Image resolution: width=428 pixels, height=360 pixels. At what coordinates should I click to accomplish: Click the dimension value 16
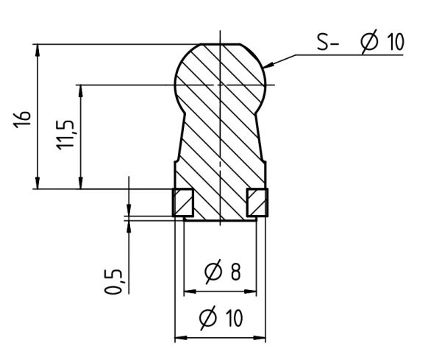(24, 117)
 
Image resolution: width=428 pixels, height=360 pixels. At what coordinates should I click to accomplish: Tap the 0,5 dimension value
(113, 281)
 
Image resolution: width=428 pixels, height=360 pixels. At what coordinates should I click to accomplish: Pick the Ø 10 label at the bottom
(220, 320)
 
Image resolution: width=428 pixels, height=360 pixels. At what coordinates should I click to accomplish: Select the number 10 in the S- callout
(394, 43)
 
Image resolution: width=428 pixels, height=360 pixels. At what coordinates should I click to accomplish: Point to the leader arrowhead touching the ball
(269, 66)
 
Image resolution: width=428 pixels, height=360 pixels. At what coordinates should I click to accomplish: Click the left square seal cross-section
(182, 202)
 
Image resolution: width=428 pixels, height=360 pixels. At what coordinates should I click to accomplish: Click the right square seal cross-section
(257, 202)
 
